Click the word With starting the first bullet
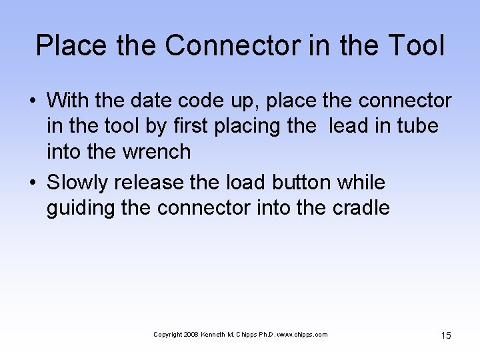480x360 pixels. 69,101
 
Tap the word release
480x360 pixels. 158,182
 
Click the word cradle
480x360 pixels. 361,207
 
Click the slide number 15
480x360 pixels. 446,335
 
